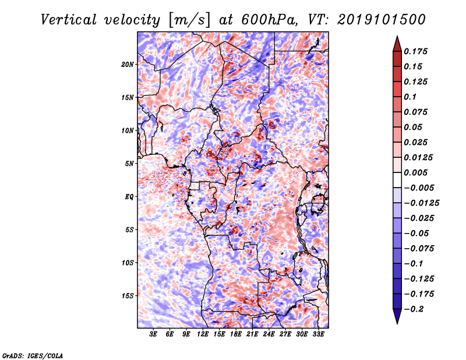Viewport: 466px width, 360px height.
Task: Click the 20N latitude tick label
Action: (x=128, y=64)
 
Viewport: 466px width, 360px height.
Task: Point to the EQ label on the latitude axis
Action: (x=129, y=197)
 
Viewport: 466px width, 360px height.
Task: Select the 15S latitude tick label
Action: (x=128, y=296)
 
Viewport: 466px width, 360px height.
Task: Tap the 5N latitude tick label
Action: (x=129, y=164)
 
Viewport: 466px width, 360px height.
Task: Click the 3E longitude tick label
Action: (x=154, y=334)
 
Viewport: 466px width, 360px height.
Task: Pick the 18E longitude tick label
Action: (x=236, y=334)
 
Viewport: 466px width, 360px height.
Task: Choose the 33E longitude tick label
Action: (x=318, y=334)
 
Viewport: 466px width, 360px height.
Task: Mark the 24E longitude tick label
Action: (x=269, y=334)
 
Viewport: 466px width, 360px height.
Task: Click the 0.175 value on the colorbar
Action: (x=418, y=51)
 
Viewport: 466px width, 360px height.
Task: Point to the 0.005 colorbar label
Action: (x=418, y=172)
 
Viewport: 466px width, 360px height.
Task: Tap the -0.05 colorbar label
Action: (x=417, y=233)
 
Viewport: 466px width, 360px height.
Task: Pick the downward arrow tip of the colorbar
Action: (x=397, y=322)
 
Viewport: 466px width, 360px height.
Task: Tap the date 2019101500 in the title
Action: (x=372, y=19)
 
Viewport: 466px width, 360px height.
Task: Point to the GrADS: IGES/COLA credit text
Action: (x=32, y=355)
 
